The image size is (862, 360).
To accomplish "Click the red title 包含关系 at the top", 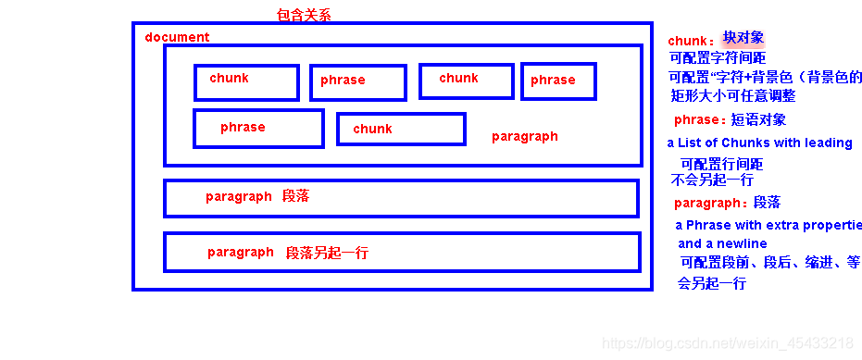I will point(304,15).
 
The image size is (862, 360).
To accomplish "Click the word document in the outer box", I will point(177,37).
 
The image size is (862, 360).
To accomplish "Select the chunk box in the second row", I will point(401,129).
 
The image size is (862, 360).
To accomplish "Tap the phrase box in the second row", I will point(258,128).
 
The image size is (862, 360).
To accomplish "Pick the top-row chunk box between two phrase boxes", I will point(466,81).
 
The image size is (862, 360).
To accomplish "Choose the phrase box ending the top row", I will point(558,81).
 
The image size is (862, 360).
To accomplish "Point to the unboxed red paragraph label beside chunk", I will point(524,136).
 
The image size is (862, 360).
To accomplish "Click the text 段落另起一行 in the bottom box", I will point(327,252).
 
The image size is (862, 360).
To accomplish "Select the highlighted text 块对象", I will point(743,38).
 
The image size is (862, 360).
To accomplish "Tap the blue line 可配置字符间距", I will point(717,57).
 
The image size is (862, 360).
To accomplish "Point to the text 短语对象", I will point(758,119).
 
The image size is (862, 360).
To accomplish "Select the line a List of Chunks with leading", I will point(759,143).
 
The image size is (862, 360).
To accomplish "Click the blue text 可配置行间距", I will point(721,164).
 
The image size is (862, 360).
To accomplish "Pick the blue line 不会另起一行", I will point(711,180).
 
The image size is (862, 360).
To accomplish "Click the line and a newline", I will point(722,243).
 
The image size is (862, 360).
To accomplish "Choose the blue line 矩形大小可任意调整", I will point(732,95).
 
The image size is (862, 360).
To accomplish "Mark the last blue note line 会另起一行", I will point(711,283).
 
